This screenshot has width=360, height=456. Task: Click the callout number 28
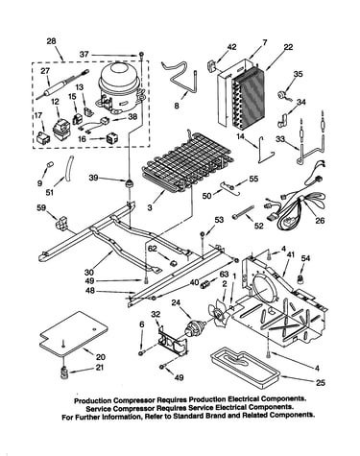[51, 41]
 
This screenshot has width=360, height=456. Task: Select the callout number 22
[288, 47]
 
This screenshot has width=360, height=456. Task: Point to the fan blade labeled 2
[218, 314]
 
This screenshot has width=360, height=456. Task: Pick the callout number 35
[298, 74]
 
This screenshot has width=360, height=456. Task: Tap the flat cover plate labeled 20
[74, 334]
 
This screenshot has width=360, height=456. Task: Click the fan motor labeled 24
[194, 329]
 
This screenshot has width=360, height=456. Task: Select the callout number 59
[41, 208]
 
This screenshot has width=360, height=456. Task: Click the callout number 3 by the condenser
[150, 207]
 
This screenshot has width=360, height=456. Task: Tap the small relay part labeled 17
[43, 138]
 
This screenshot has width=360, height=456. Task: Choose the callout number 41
[290, 255]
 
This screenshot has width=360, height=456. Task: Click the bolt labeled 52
[244, 213]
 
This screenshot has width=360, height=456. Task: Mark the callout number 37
[84, 55]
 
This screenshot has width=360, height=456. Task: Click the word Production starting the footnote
[93, 400]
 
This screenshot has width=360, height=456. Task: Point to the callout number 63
[224, 274]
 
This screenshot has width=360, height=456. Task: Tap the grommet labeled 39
[129, 183]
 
